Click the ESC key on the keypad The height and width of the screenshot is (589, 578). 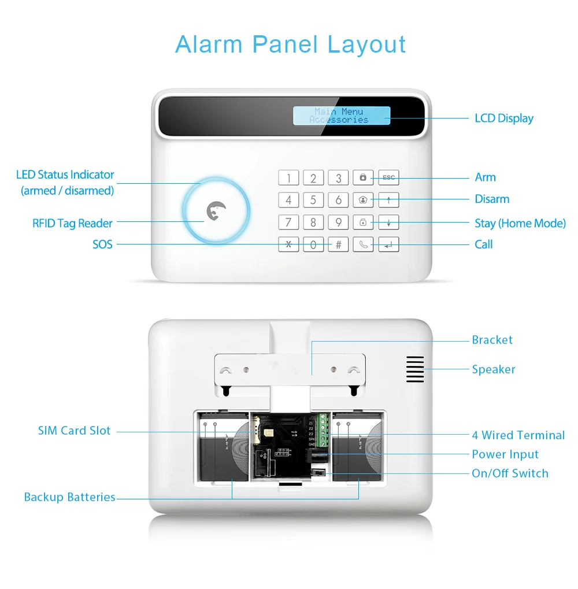coord(388,177)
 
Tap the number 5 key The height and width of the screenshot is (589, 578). coord(313,200)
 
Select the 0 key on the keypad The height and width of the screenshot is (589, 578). coord(313,245)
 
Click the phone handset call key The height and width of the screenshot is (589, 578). coord(364,245)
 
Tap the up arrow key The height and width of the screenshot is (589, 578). coord(388,200)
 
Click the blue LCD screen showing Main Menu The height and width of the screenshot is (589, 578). coord(341,116)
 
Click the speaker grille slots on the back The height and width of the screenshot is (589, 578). coord(414,369)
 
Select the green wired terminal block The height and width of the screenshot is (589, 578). coord(323,431)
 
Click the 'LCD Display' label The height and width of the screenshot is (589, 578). coord(503,118)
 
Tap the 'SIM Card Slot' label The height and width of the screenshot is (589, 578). coord(74,431)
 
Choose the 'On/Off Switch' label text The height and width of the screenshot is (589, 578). coord(510,473)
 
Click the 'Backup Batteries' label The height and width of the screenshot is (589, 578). coord(69,497)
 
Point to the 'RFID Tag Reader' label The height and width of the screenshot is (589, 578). coord(72,223)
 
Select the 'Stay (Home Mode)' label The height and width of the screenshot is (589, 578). coord(520,223)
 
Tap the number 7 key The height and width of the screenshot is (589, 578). coord(288,222)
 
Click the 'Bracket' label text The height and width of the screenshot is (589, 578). coord(492,340)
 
